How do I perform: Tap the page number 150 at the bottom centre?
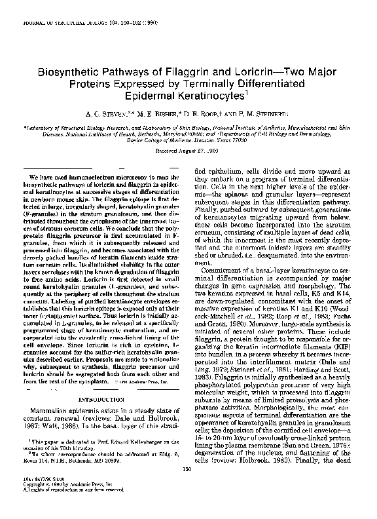[x=188, y=486]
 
